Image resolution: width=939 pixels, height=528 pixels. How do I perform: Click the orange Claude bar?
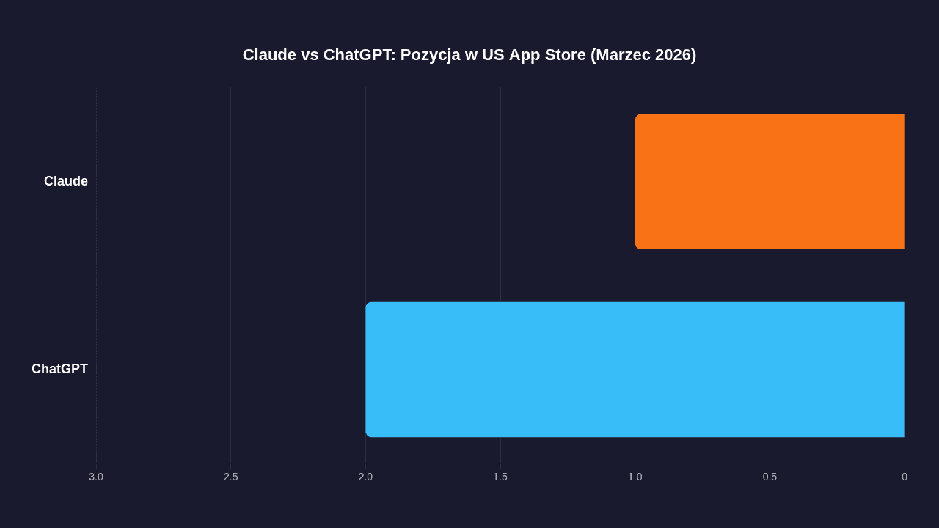770,181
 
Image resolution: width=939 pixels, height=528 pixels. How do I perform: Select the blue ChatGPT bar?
635,370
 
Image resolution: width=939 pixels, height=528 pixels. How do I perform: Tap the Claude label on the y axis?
66,181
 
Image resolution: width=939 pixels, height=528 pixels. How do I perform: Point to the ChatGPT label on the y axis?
59,369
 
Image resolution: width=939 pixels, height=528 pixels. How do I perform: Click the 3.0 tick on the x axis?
96,477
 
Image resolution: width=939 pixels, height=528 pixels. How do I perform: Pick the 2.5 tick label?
231,477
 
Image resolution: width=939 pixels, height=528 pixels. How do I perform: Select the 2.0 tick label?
365,477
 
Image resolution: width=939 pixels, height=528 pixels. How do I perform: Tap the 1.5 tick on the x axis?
500,477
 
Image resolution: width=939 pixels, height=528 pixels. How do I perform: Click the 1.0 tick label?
635,477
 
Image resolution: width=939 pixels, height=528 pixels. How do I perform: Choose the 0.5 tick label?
770,477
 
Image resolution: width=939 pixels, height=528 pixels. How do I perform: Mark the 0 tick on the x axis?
905,477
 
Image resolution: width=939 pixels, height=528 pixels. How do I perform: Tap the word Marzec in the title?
621,55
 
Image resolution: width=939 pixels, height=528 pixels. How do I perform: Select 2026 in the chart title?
674,55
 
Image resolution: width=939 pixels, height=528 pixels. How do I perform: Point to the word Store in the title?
564,55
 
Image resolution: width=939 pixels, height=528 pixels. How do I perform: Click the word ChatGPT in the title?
359,55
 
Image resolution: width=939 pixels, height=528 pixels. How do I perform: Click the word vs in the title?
310,55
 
